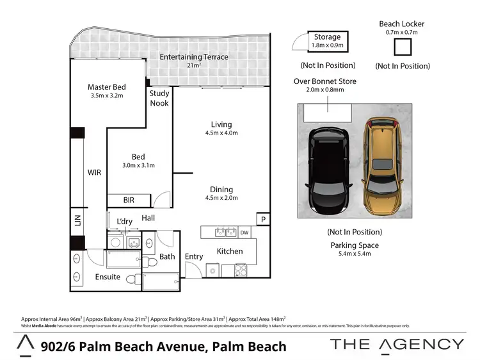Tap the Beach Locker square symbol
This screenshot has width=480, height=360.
point(403,48)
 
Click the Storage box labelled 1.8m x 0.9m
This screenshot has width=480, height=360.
point(327,42)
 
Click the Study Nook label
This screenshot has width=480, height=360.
point(159,98)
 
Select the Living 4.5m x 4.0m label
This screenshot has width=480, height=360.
point(221,129)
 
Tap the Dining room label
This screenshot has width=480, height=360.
point(221,193)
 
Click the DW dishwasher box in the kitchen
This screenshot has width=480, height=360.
point(244,232)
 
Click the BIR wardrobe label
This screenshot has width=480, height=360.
point(129,200)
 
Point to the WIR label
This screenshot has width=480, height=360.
point(94,172)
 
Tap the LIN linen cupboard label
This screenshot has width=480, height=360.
point(77,222)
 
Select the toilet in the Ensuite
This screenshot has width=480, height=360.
point(132,279)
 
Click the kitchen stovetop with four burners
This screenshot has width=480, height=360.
point(242,270)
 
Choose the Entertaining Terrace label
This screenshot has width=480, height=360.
point(194,57)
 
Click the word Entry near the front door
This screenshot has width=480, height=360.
point(194,256)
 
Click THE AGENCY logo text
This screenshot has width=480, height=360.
point(397,344)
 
